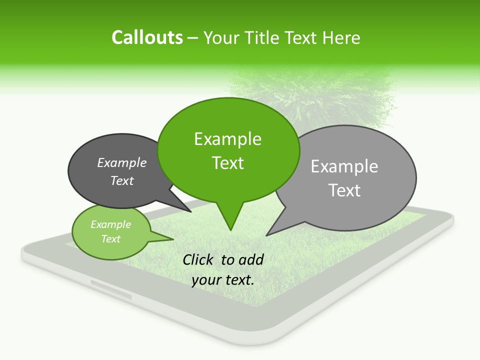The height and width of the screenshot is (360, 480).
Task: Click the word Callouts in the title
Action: [147, 37]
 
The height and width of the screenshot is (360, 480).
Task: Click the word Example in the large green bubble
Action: [227, 139]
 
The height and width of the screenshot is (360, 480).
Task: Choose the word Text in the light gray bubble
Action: [344, 190]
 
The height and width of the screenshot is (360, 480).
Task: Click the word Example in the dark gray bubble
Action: [122, 162]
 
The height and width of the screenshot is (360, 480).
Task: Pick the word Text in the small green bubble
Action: [111, 239]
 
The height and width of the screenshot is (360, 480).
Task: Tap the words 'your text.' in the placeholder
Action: [222, 280]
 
